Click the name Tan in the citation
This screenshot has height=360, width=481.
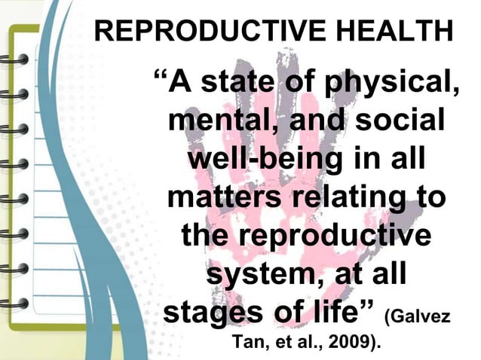[x=247, y=343]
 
